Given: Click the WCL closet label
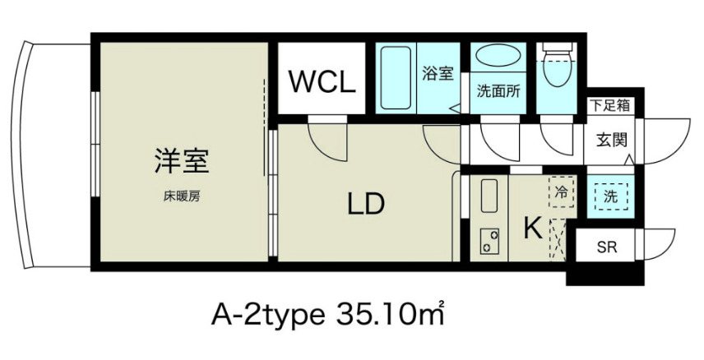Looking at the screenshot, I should tap(320, 82).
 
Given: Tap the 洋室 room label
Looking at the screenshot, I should tap(181, 159).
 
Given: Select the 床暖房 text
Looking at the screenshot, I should tap(182, 196).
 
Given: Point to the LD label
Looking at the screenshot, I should tap(364, 203).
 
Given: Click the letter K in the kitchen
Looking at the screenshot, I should tap(532, 228).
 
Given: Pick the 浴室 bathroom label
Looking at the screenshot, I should tap(438, 74).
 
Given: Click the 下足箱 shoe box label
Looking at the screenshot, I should tap(609, 104).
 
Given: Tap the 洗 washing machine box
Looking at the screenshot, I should tap(609, 196).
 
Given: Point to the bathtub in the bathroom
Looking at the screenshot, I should tap(396, 78).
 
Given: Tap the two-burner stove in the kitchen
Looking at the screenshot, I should tap(490, 241).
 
